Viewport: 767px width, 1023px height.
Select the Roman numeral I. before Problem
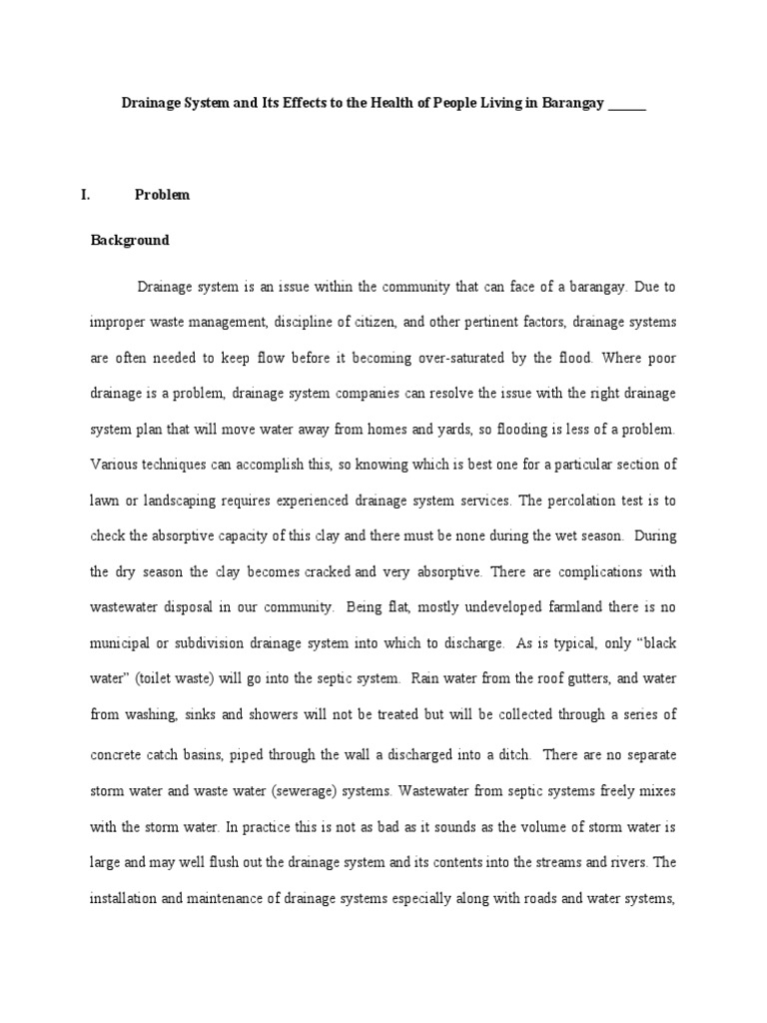86,195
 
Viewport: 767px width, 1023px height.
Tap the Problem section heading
162,195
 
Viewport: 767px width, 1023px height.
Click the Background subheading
130,241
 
